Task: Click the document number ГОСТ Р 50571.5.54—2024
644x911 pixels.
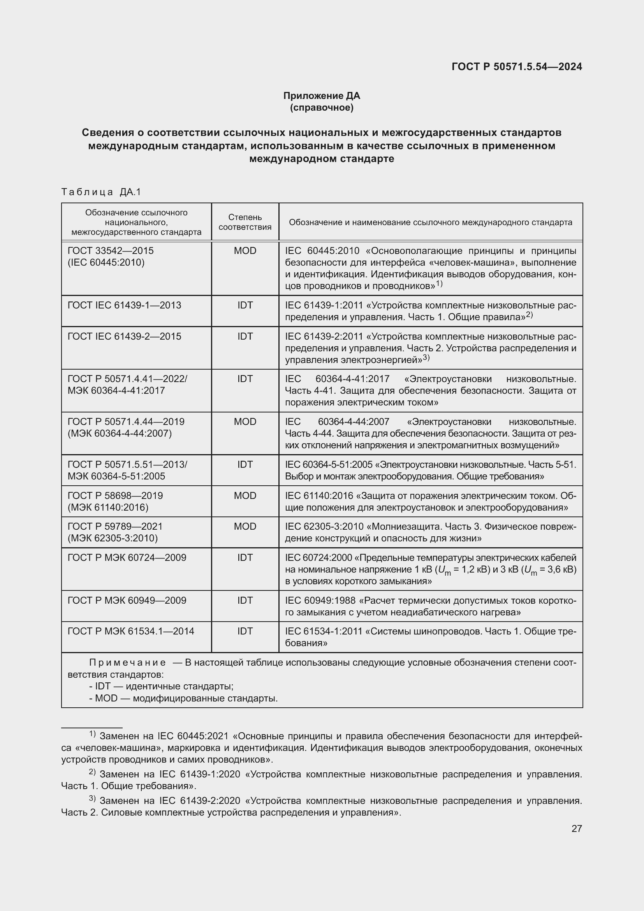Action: (x=517, y=67)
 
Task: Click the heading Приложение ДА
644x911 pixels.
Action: (x=322, y=96)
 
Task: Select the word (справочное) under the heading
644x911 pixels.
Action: (x=322, y=107)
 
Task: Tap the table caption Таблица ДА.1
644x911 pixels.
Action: (x=102, y=192)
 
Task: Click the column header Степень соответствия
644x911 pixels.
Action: (x=245, y=222)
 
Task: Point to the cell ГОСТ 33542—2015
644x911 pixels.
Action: (x=111, y=251)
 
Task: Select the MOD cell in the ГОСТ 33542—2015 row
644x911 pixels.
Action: (x=245, y=251)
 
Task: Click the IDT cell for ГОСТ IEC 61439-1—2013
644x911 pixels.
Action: (x=245, y=305)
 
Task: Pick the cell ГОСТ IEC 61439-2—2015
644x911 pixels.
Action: (x=125, y=337)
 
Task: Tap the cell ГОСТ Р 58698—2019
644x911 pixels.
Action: (x=115, y=495)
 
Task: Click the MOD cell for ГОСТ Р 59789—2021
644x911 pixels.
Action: (x=245, y=527)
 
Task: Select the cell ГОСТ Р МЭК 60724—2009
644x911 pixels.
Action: (x=127, y=557)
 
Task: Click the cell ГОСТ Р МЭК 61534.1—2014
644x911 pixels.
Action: (x=131, y=631)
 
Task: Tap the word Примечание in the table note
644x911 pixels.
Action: (x=128, y=663)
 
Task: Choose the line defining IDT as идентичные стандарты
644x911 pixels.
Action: (x=162, y=686)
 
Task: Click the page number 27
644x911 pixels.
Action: (x=577, y=828)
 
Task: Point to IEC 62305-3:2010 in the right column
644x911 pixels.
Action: (x=324, y=527)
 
